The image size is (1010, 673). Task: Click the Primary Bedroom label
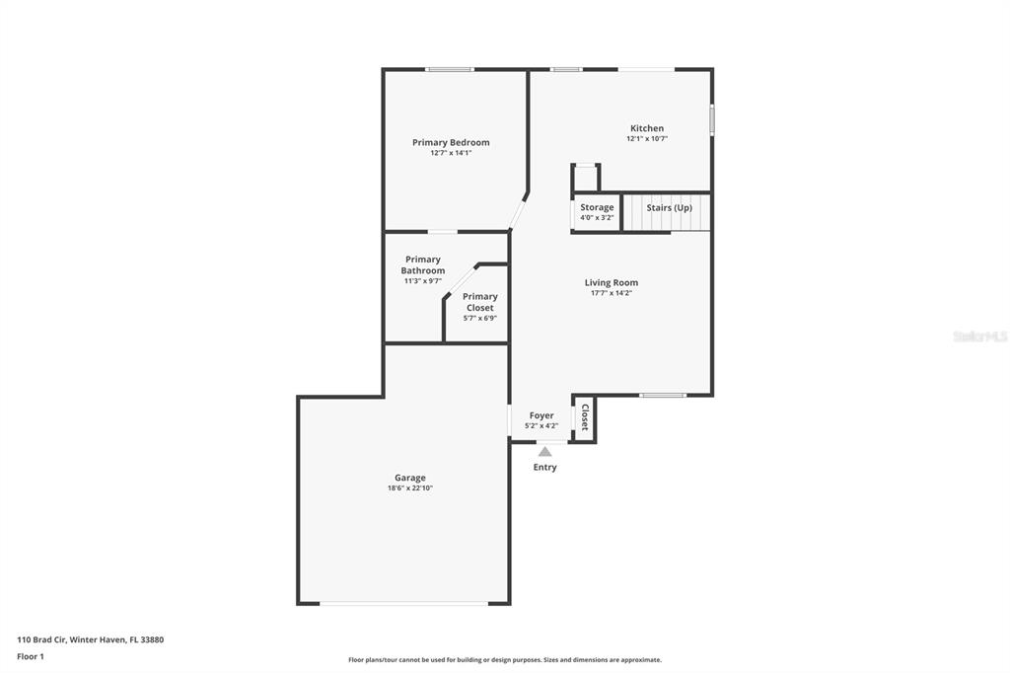click(x=451, y=142)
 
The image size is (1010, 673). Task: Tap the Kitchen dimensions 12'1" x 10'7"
click(x=647, y=138)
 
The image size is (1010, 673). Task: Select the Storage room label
click(x=597, y=207)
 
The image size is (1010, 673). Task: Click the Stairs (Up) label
click(x=670, y=207)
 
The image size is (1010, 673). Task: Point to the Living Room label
click(x=612, y=282)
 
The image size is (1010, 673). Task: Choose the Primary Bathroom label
click(x=422, y=264)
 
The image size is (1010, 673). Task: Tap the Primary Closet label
click(x=480, y=302)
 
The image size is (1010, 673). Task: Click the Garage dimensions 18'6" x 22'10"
click(x=410, y=488)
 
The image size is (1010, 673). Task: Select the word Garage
click(x=410, y=478)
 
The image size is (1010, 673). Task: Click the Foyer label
click(x=541, y=415)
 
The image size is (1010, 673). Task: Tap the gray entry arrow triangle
click(x=544, y=452)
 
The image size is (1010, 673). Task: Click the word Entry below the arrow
click(x=544, y=468)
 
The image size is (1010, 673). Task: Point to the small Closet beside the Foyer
click(x=585, y=417)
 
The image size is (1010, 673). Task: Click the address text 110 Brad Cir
click(x=41, y=639)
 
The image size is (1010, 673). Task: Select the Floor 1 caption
click(x=31, y=656)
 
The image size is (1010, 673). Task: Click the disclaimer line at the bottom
click(x=505, y=659)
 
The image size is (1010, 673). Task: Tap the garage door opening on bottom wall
click(x=403, y=603)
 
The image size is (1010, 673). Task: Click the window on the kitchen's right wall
click(x=712, y=120)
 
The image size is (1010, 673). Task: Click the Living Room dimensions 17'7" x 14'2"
click(x=612, y=293)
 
